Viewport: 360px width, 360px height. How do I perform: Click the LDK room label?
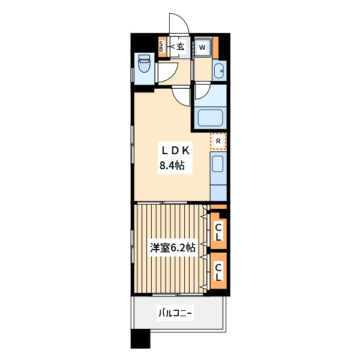click(x=176, y=151)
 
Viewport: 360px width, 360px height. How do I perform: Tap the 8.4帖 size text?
click(x=172, y=166)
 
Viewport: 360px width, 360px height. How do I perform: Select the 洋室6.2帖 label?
click(x=173, y=248)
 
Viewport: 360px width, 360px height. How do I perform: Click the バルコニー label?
click(x=175, y=313)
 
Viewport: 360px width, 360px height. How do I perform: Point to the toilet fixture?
click(x=144, y=63)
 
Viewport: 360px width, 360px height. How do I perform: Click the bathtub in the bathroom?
click(x=211, y=118)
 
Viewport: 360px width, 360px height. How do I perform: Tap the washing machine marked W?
click(x=202, y=47)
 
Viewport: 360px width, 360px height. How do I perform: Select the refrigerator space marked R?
click(x=218, y=141)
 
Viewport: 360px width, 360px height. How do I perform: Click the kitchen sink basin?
click(x=217, y=164)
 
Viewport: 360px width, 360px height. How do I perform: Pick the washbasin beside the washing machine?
click(x=219, y=71)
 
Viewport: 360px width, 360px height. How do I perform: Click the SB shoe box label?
click(x=161, y=47)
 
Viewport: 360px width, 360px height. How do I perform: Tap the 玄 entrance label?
click(x=181, y=47)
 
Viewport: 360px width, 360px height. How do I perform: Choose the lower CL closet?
click(x=218, y=271)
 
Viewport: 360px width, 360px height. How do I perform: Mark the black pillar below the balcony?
click(x=140, y=339)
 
